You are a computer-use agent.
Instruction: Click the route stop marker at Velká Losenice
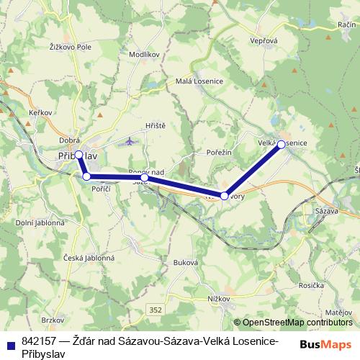281,144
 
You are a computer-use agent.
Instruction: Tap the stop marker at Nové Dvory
225,196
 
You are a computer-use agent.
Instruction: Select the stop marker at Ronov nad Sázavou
144,177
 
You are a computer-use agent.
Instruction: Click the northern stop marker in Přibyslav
78,154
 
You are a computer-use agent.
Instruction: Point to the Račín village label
343,24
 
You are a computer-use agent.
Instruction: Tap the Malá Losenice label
198,81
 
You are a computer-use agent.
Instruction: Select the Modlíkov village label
143,54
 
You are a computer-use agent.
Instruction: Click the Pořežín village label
220,153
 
